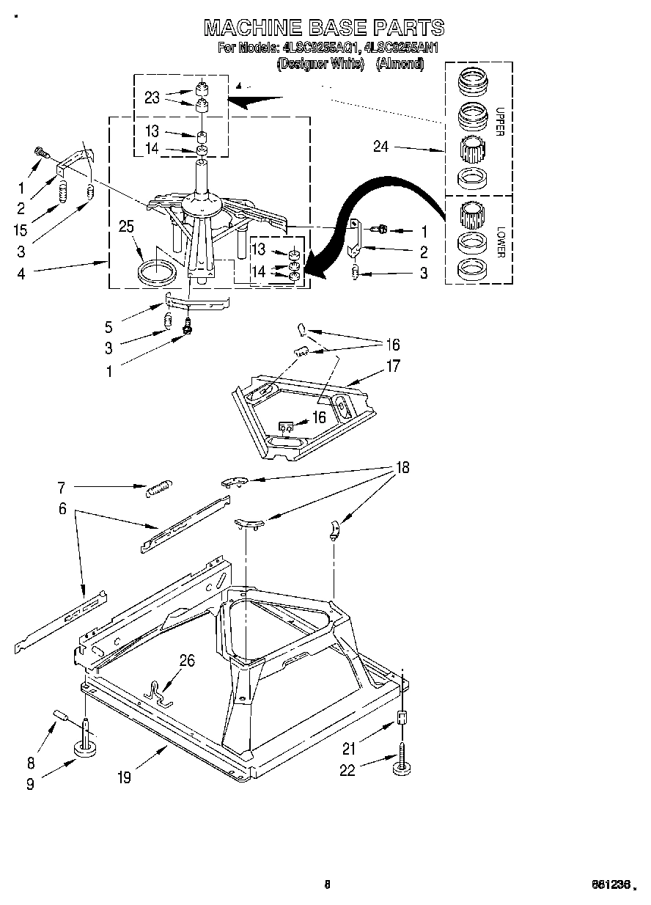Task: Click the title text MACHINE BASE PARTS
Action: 323,28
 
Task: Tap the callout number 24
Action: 380,147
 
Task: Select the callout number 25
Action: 126,227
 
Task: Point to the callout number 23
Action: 152,98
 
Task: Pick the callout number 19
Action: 124,777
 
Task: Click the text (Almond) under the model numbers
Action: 400,64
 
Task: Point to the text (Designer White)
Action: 320,64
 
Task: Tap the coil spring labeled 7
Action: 159,488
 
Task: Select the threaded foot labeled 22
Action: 402,760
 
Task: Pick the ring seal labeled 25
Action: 157,271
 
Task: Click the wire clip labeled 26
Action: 158,693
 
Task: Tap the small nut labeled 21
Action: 401,718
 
